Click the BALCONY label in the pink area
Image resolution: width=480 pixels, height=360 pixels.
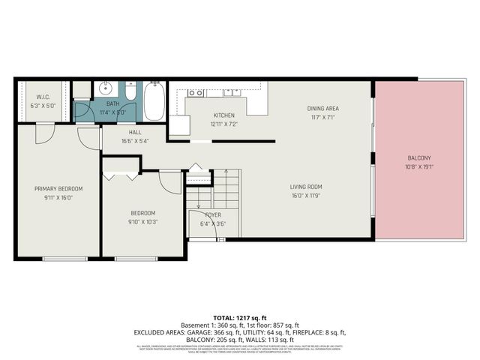tap(419, 157)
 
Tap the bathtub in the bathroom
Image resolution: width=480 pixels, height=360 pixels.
tap(154, 101)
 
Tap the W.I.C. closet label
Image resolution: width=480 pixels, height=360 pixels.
tap(43, 97)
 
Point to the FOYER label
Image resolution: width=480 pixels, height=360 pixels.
tap(213, 214)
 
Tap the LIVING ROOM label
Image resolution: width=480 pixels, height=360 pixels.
tap(306, 187)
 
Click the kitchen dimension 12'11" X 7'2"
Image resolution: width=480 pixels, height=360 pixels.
tap(223, 124)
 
